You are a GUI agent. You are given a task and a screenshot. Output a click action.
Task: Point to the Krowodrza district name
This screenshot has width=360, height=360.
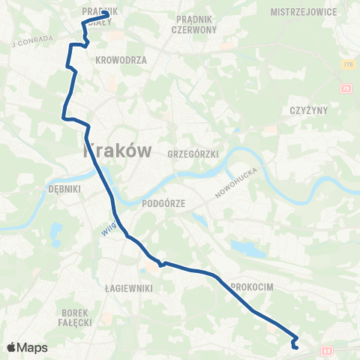(121, 59)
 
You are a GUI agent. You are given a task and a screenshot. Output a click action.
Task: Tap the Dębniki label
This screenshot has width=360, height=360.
(63, 189)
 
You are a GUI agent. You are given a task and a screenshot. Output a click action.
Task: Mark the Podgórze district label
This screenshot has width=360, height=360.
(163, 203)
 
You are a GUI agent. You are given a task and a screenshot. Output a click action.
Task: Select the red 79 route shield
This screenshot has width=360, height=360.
(346, 89)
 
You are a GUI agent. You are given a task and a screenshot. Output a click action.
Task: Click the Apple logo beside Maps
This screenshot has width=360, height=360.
(11, 347)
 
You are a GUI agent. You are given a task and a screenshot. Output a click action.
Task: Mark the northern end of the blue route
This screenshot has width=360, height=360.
(107, 14)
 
